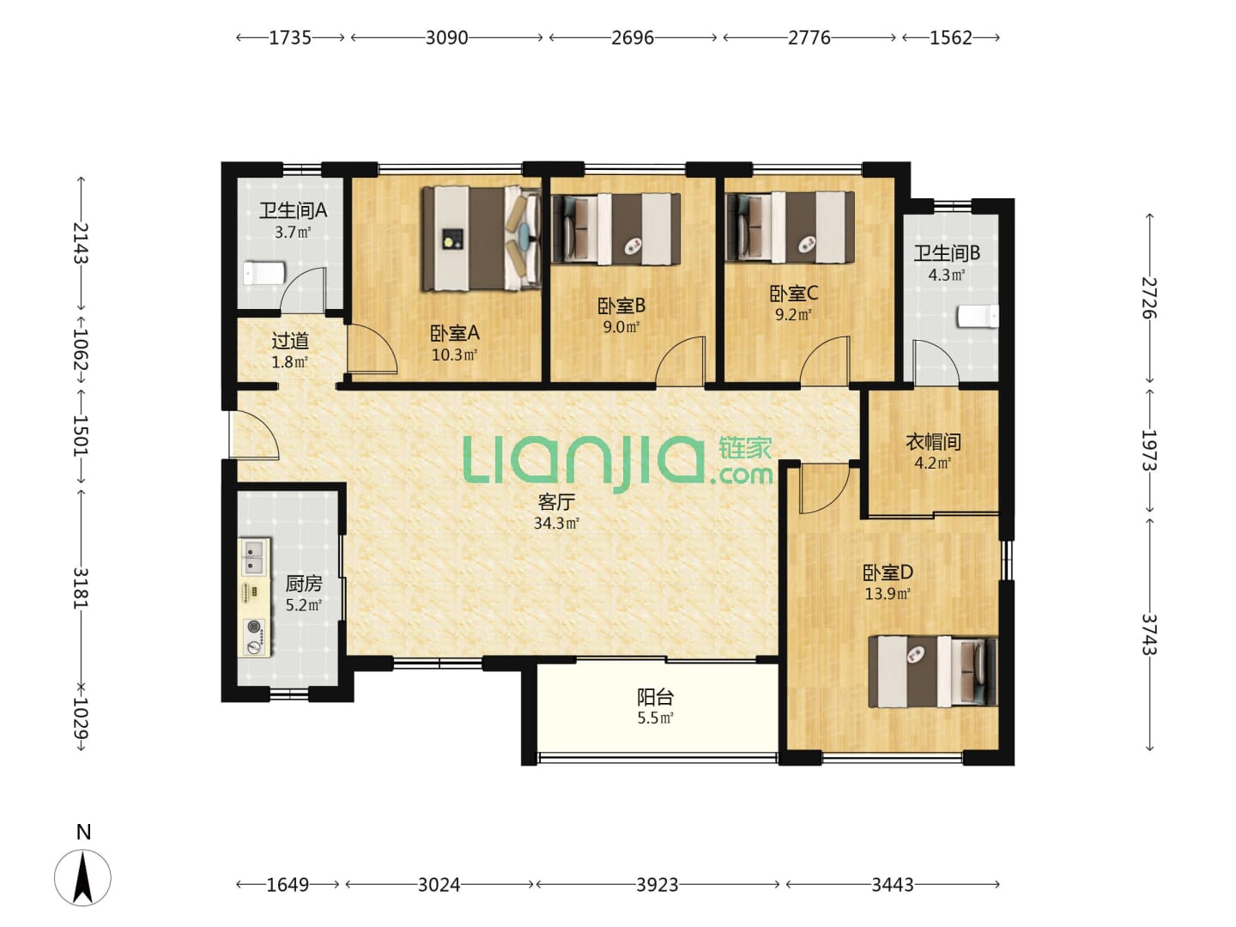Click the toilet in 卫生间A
pos(264,274)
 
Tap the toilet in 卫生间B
pos(978,317)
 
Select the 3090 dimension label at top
pos(446,38)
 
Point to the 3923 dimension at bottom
pos(657,885)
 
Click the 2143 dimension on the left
pos(81,243)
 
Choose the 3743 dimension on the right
pos(1149,633)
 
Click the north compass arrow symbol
pos(82,877)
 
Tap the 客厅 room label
pos(556,501)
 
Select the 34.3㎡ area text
pos(556,523)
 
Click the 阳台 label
pos(656,697)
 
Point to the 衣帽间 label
pos(933,442)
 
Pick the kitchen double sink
pos(255,557)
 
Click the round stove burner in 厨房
pos(255,626)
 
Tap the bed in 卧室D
pos(932,671)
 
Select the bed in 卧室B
pos(616,228)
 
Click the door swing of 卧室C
pos(825,360)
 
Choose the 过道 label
pos(290,341)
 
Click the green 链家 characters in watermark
pos(745,448)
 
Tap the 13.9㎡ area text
pos(888,594)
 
